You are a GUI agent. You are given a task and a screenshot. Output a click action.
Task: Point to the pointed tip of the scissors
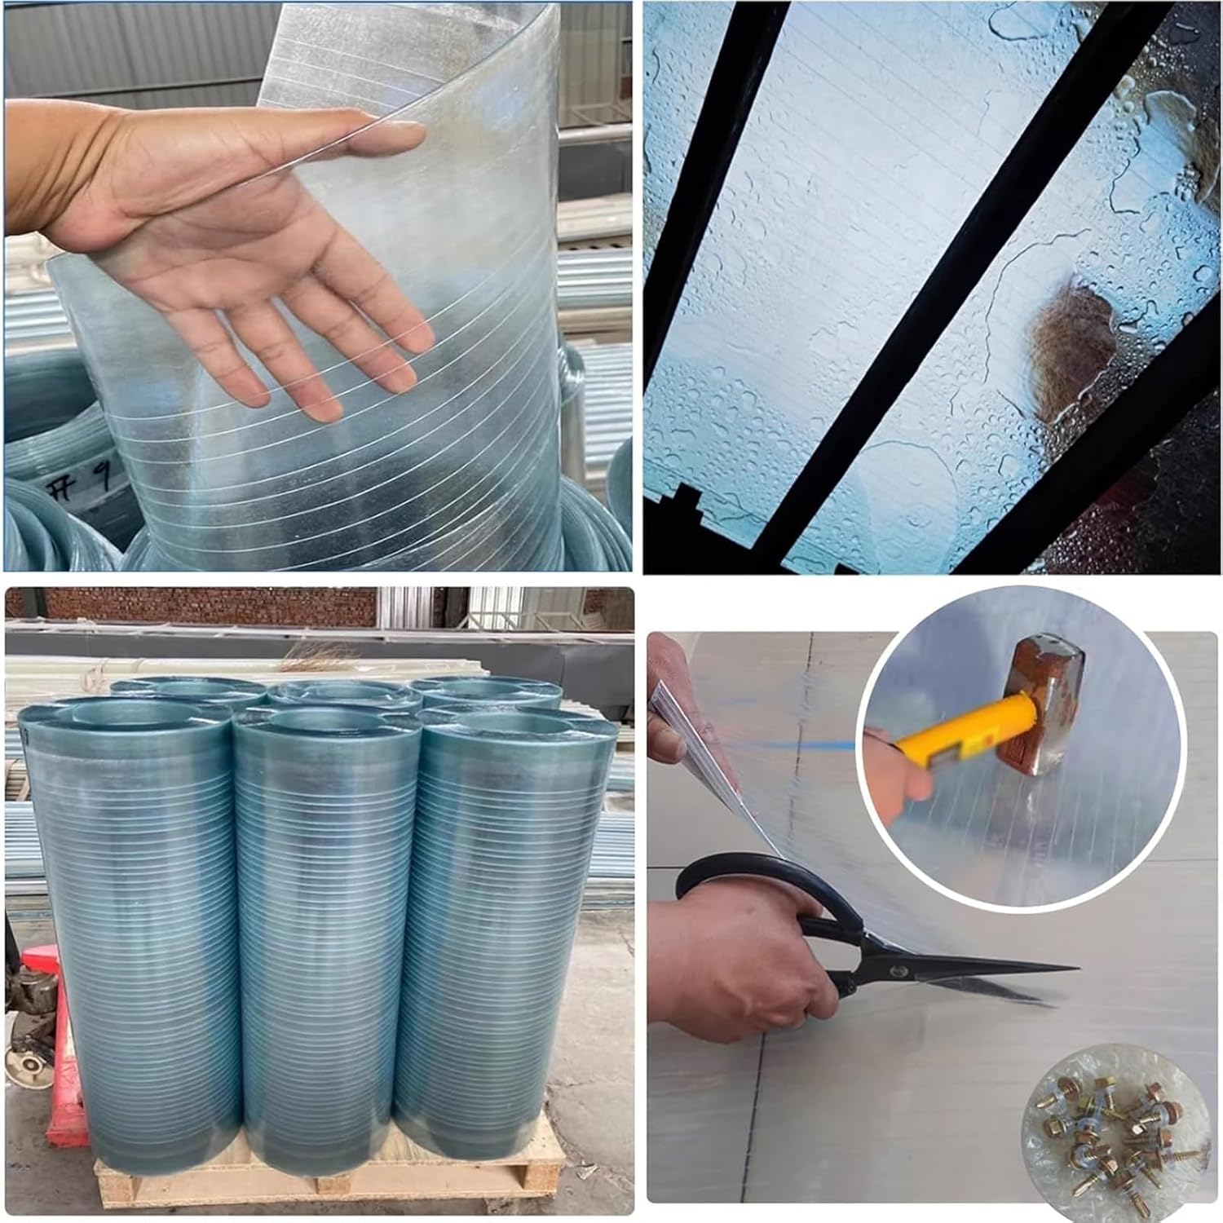coord(1076,969)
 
